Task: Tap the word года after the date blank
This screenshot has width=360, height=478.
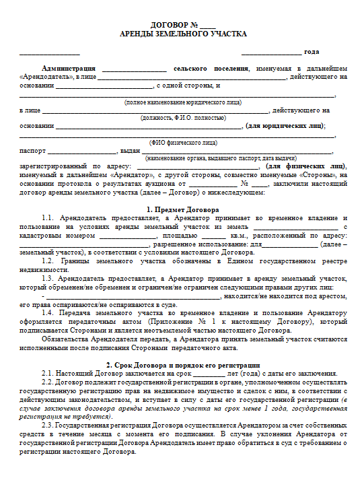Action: pyautogui.click(x=312, y=52)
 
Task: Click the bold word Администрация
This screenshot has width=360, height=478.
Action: pyautogui.click(x=68, y=69)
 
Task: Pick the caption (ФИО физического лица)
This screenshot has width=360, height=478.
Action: pyautogui.click(x=182, y=143)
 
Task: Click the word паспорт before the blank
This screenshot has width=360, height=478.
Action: pyautogui.click(x=32, y=150)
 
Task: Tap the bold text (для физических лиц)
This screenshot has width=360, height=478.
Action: pyautogui.click(x=305, y=166)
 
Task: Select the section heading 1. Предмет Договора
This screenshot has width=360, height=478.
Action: pyautogui.click(x=182, y=210)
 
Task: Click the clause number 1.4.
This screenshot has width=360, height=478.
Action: pyautogui.click(x=48, y=313)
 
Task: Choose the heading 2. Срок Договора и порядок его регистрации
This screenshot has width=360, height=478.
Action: pyautogui.click(x=182, y=364)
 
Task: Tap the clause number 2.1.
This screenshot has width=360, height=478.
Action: pyautogui.click(x=48, y=373)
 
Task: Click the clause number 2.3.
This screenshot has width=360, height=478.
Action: pyautogui.click(x=48, y=425)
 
